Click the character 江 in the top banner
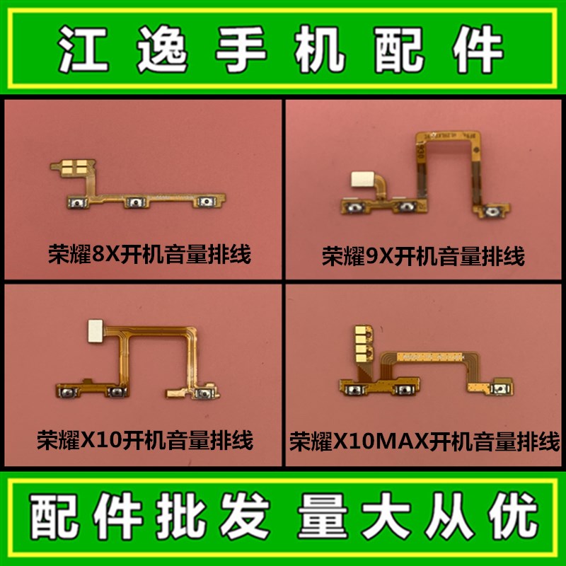coord(79,49)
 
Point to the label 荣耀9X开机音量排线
coord(423,256)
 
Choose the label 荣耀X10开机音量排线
coord(145,440)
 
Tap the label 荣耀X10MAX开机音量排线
coord(424,441)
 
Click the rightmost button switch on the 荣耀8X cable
coord(206,203)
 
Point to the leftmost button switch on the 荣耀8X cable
coord(74,204)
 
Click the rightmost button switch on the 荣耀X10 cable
coord(204,393)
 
